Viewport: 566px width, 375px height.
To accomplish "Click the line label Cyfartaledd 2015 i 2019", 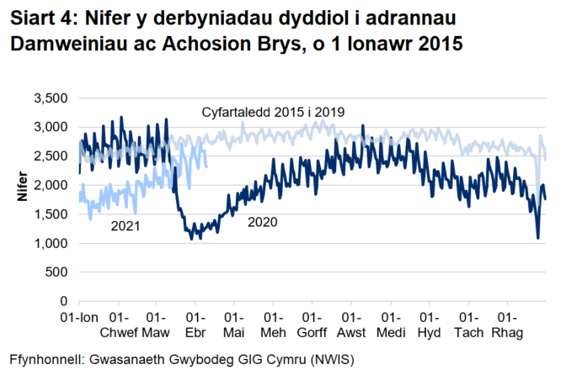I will pyautogui.click(x=275, y=112).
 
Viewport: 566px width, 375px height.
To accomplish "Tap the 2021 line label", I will pyautogui.click(x=125, y=226).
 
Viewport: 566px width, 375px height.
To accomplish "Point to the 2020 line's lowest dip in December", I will pyautogui.click(x=538, y=238).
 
